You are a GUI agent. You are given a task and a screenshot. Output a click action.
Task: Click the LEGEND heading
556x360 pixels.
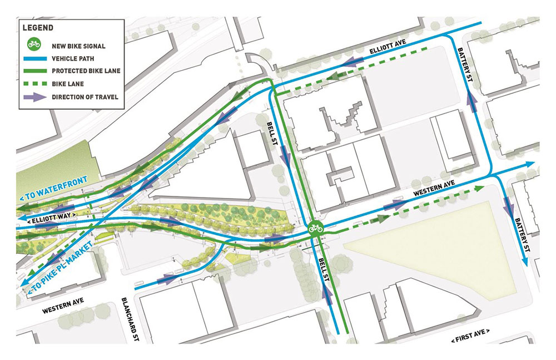[38, 27]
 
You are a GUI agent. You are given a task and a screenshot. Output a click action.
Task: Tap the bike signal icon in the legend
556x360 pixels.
[34, 43]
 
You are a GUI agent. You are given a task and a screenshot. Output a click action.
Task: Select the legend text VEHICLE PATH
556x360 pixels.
[75, 57]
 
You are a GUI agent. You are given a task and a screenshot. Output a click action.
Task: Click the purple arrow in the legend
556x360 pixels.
[34, 97]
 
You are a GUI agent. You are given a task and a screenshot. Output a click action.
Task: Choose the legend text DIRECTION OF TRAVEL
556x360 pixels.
[85, 97]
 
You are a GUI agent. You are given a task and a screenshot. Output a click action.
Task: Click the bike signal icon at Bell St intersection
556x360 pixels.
[315, 228]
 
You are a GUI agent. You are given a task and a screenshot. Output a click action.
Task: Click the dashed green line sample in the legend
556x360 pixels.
[34, 84]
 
